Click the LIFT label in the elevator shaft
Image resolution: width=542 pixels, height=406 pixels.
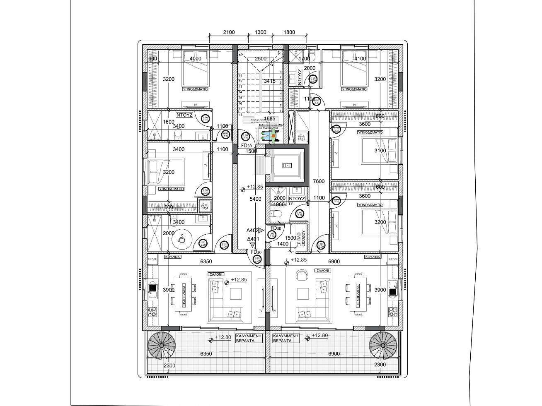[287, 166]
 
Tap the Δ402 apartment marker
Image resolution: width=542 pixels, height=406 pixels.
[252, 231]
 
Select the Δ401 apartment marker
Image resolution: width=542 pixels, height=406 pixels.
[253, 239]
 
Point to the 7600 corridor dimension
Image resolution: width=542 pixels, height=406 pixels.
[319, 182]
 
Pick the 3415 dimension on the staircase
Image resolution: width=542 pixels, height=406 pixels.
[270, 81]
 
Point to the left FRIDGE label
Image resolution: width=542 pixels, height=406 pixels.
[152, 259]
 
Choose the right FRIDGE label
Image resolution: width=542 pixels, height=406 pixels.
[393, 259]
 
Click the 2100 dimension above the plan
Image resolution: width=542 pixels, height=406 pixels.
[229, 32]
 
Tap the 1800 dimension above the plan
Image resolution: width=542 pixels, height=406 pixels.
[289, 32]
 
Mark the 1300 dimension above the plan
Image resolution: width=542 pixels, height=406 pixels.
[260, 32]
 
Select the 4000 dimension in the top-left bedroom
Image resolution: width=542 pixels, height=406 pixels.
[195, 59]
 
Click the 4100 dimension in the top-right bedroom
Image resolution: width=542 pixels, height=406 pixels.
[360, 59]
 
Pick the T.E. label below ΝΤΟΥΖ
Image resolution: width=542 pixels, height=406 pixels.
[291, 204]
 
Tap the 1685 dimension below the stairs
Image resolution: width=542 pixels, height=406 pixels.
[270, 119]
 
